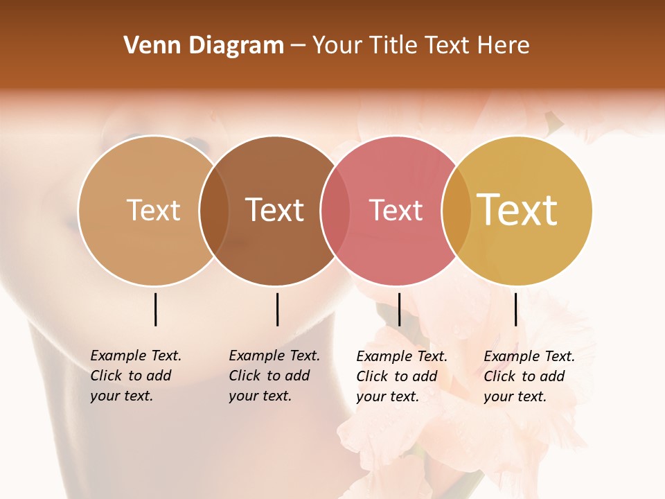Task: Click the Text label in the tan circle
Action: [x=153, y=210]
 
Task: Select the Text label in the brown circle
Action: [x=275, y=210]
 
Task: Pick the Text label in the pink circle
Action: [x=396, y=210]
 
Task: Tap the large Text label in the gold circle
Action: [x=517, y=210]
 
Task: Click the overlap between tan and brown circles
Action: [x=214, y=211]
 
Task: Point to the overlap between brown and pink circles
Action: [x=335, y=211]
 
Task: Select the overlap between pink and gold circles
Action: [x=456, y=211]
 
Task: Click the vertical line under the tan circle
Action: [x=156, y=309]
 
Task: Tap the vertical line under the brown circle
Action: [x=277, y=309]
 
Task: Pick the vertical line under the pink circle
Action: [x=399, y=309]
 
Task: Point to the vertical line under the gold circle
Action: [x=515, y=309]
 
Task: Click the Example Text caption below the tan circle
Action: [x=135, y=376]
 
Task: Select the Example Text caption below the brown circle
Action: [x=274, y=376]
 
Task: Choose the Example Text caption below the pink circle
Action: [x=401, y=376]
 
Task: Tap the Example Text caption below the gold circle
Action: [x=529, y=376]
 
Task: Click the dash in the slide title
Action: [x=298, y=46]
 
